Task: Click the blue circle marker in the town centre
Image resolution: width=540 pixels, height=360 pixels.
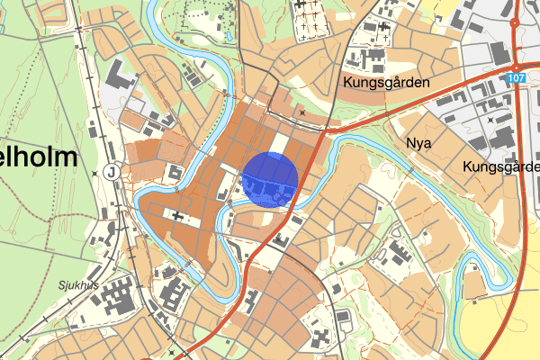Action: pyautogui.click(x=270, y=180)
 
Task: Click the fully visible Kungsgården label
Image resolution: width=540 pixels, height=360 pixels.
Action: pyautogui.click(x=386, y=82)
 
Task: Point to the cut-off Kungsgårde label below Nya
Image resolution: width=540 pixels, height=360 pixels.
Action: pyautogui.click(x=499, y=167)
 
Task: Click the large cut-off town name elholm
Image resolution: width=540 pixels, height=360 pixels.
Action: pyautogui.click(x=40, y=157)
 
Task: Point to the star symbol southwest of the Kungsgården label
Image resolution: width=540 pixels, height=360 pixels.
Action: pyautogui.click(x=303, y=112)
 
